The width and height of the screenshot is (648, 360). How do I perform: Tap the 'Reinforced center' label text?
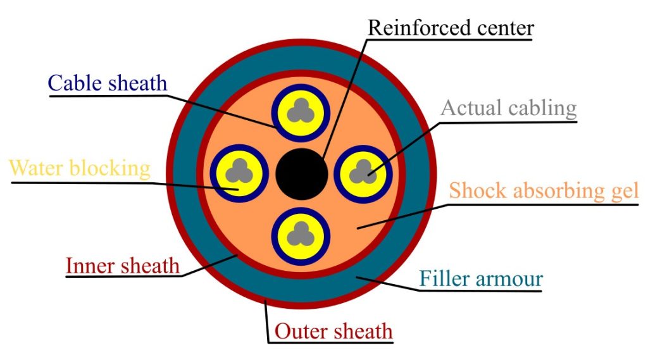click(451, 28)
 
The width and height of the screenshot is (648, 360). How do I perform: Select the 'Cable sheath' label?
click(108, 83)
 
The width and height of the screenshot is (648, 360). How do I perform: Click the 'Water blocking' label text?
click(80, 168)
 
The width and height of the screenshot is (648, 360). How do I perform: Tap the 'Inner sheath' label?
click(123, 265)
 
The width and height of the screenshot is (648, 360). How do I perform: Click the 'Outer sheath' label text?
click(333, 330)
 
